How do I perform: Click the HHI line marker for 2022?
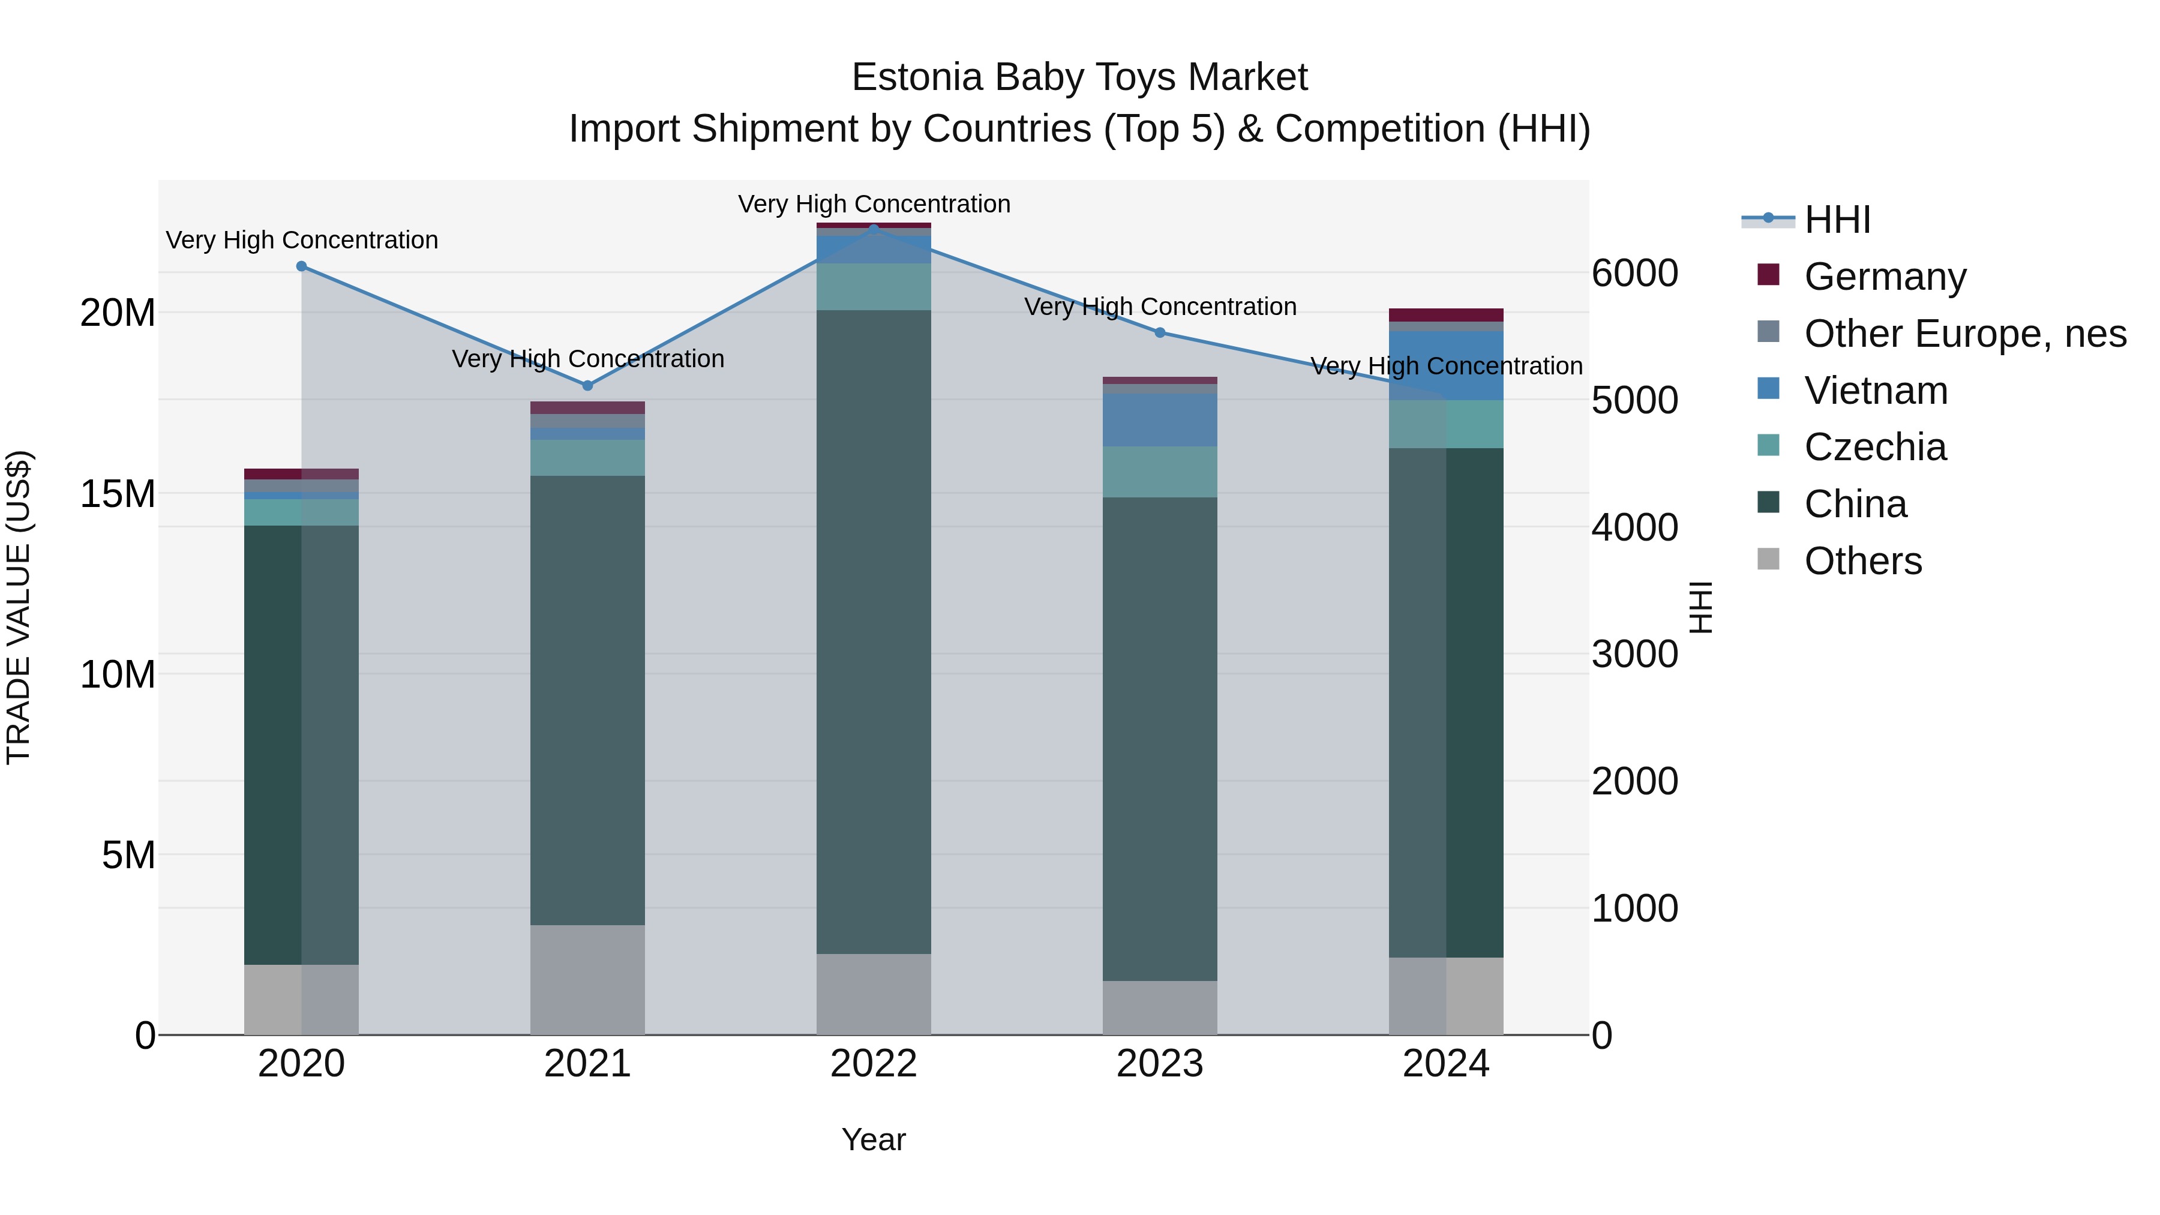point(874,229)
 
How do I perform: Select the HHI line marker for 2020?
point(302,266)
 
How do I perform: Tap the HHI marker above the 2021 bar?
point(588,386)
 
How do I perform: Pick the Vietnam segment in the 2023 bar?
point(1160,420)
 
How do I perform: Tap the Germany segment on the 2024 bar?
point(1447,315)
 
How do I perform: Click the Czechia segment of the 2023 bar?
point(1160,472)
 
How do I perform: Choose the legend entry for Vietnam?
point(1876,391)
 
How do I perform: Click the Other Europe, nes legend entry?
point(1964,334)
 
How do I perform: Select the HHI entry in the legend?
point(1837,220)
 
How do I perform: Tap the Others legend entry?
point(1862,561)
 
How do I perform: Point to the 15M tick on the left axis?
point(118,494)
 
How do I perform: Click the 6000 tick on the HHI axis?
point(1634,274)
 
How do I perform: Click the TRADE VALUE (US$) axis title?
point(19,607)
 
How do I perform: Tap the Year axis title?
point(874,1139)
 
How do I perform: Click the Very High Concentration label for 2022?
point(874,204)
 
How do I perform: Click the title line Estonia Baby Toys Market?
point(1079,78)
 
